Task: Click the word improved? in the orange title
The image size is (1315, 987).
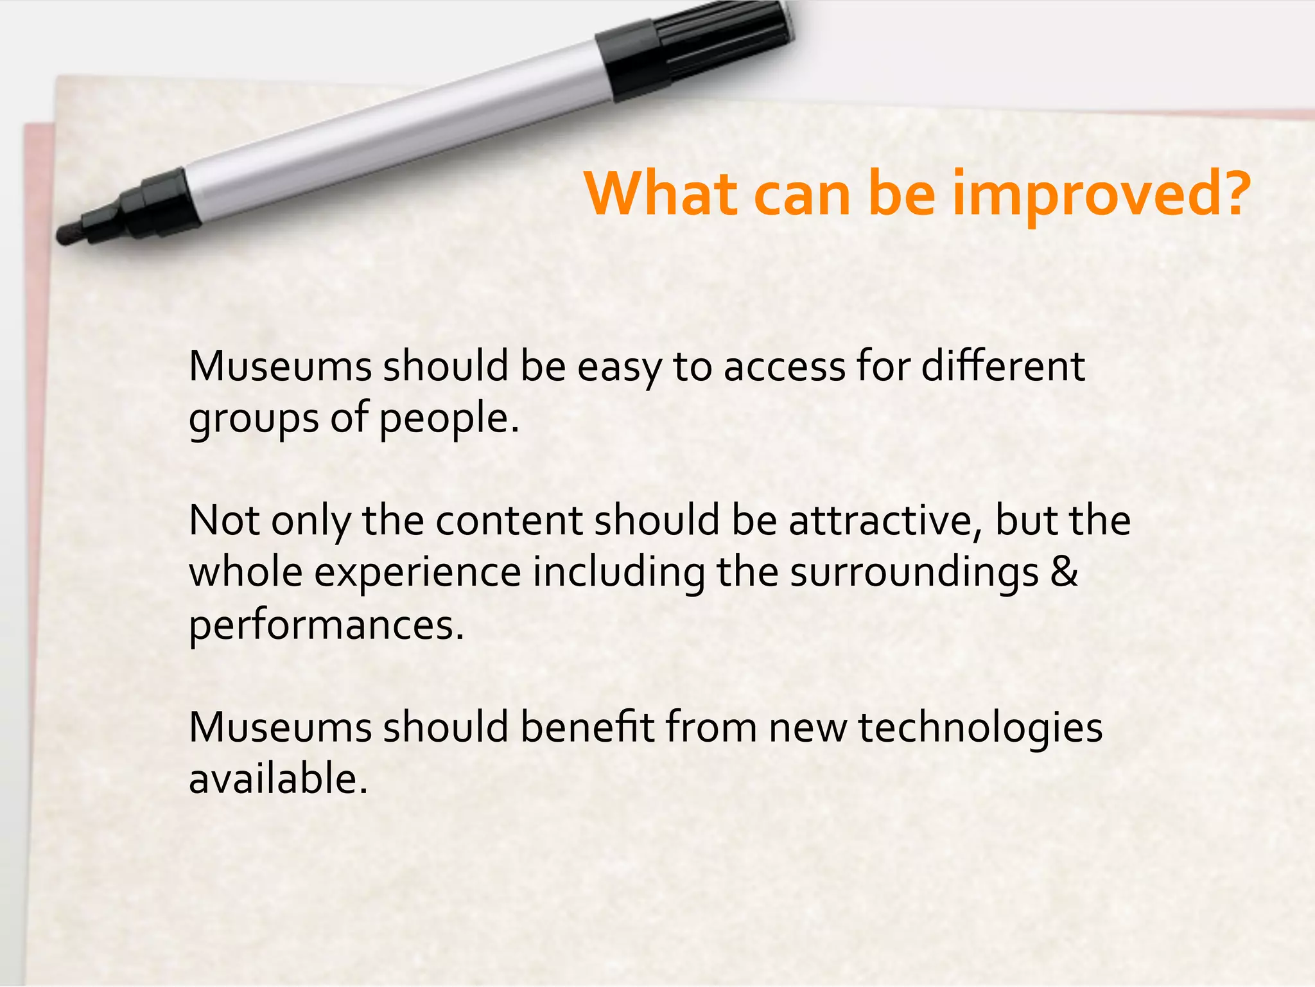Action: click(x=1101, y=195)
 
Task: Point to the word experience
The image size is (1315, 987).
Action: click(x=417, y=573)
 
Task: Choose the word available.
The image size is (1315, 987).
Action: click(x=278, y=779)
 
